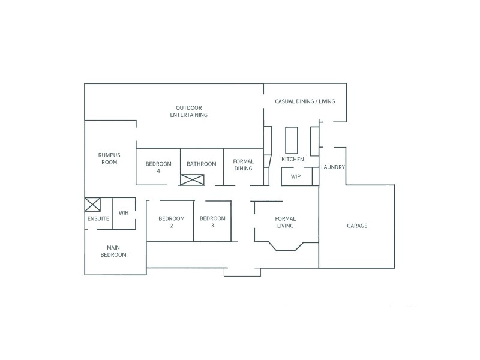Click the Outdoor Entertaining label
[x=188, y=111]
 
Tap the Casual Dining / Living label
[x=305, y=101]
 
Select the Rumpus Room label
[x=109, y=158]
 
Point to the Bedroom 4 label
[x=158, y=167]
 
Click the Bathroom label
[x=201, y=164]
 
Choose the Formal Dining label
[x=243, y=165]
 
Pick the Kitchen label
[x=293, y=159]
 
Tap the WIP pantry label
[x=295, y=176]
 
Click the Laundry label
[x=332, y=167]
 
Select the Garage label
[x=357, y=226]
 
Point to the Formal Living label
[x=285, y=222]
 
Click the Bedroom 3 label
[x=212, y=222]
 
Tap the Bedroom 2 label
[x=171, y=222]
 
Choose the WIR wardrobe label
[x=124, y=212]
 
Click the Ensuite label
[x=98, y=218]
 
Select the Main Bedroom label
[x=116, y=251]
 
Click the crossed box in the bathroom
[x=193, y=179]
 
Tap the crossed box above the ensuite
[x=92, y=205]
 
